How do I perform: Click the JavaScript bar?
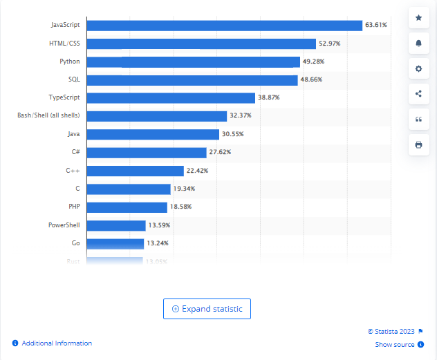(x=224, y=26)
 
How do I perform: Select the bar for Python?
(x=193, y=61)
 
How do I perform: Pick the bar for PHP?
(x=127, y=207)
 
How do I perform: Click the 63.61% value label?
(x=375, y=26)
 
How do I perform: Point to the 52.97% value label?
(x=328, y=44)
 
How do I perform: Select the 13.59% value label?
(x=158, y=225)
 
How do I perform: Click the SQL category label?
(x=74, y=79)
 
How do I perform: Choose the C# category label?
(x=75, y=152)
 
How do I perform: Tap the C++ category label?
(x=73, y=170)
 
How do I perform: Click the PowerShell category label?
(x=64, y=225)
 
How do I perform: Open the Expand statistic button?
(x=207, y=309)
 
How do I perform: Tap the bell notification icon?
(x=418, y=43)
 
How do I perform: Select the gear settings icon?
(x=418, y=68)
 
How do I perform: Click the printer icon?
(x=418, y=145)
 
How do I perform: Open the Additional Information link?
(x=57, y=343)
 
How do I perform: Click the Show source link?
(x=395, y=345)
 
